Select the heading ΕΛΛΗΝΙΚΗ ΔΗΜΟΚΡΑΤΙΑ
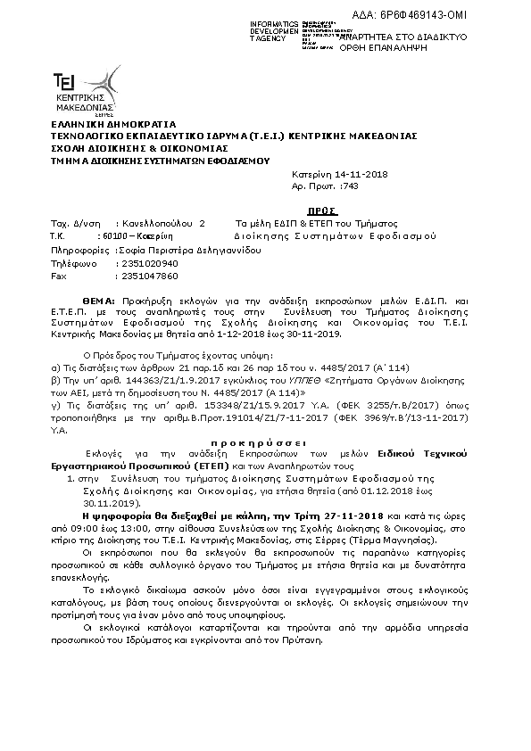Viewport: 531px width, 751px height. [x=101, y=124]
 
